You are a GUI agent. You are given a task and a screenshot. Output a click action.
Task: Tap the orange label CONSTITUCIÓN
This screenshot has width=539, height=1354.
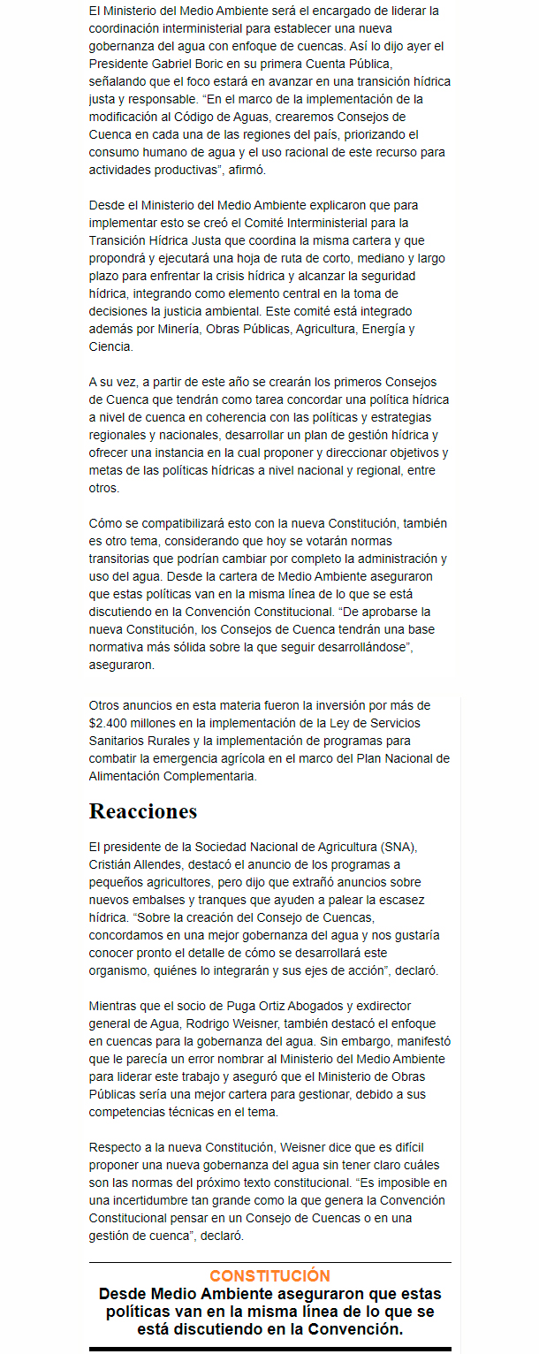click(x=269, y=1275)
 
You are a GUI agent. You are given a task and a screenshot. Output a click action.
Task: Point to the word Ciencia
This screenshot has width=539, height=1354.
click(x=110, y=346)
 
